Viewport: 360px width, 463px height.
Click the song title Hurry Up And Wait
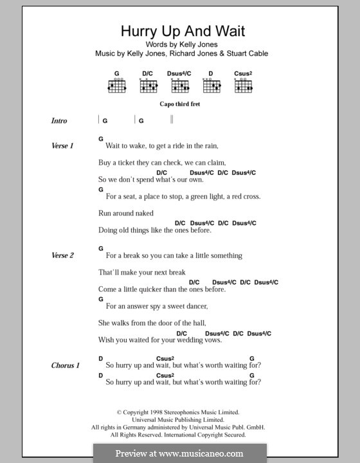point(174,31)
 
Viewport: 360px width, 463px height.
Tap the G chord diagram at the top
point(117,84)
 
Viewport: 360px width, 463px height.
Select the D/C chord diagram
point(147,84)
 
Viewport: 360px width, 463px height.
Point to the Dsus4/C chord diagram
point(179,84)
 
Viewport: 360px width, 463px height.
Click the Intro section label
point(59,121)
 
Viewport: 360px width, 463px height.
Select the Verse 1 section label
point(62,146)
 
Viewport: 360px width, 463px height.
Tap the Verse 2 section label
point(62,255)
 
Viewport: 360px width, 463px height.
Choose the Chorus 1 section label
point(66,365)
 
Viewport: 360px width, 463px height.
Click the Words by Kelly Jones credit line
point(174,44)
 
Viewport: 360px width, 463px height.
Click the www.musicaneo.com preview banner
point(179,453)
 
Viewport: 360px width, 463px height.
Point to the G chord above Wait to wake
point(101,139)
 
